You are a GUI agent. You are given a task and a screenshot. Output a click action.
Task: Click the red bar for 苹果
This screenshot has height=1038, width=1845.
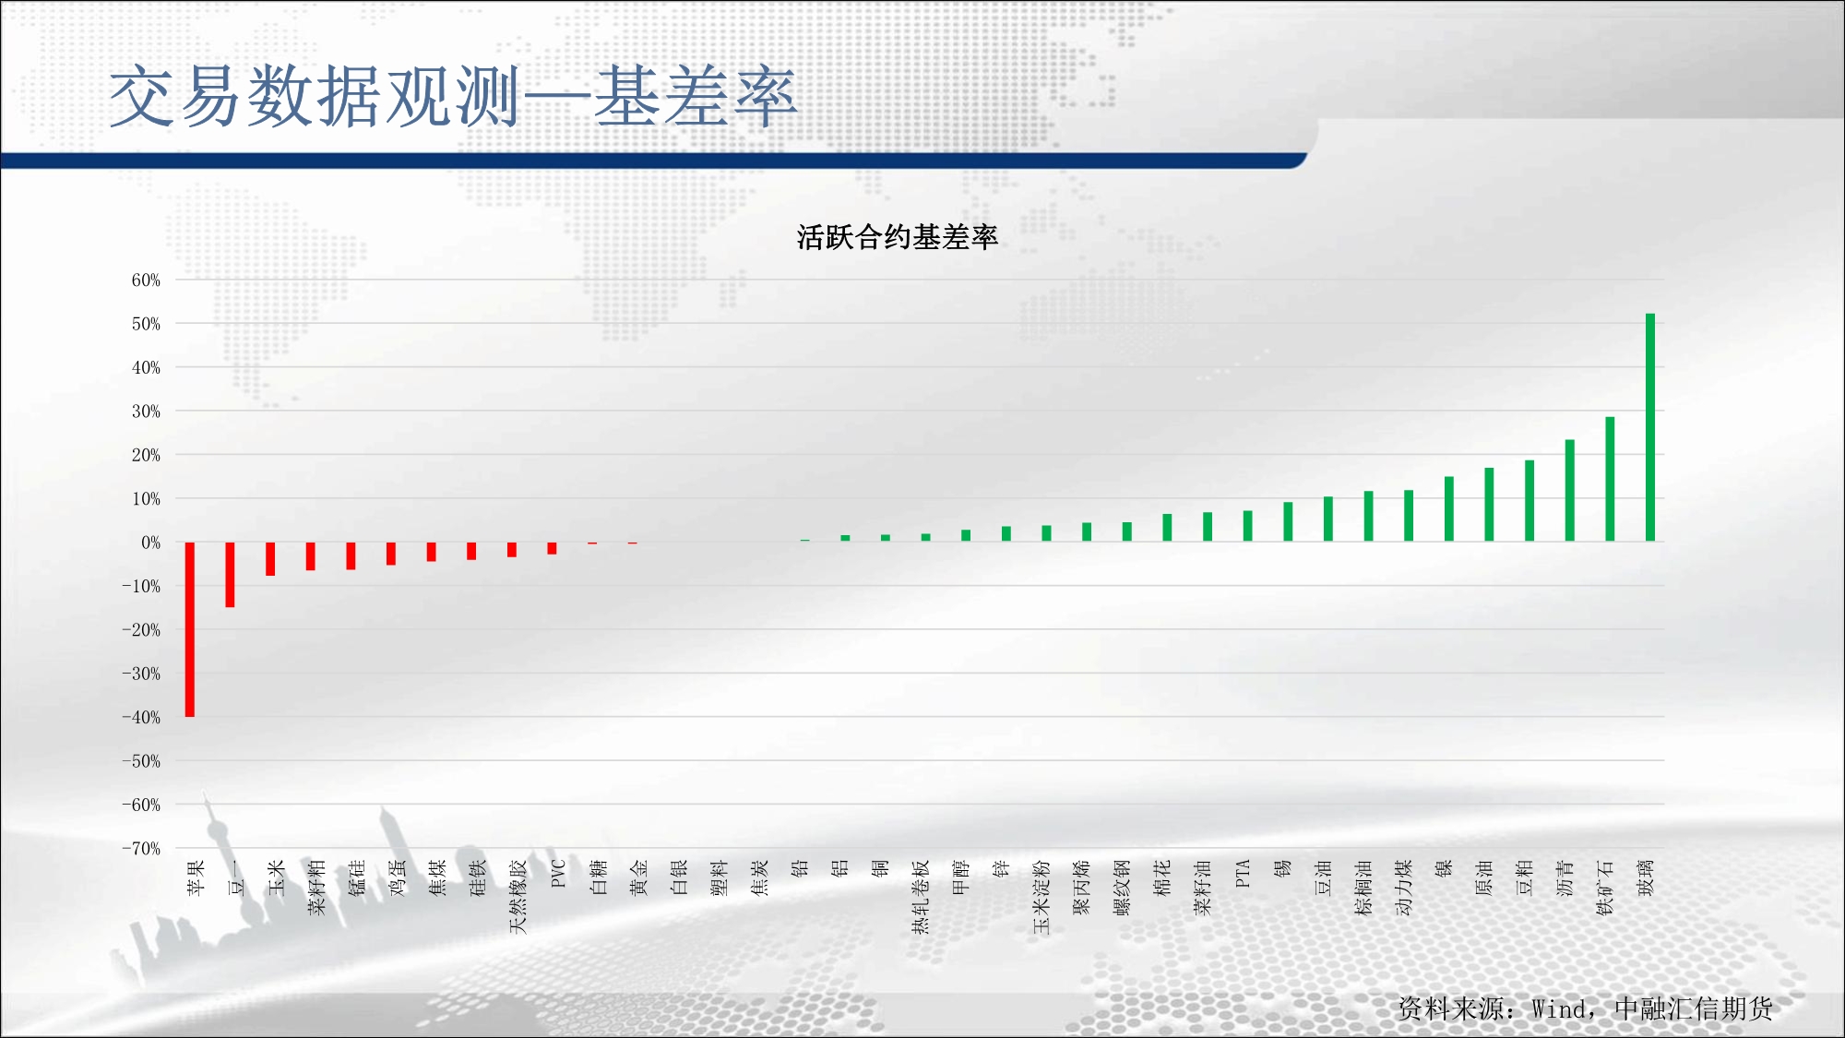190,629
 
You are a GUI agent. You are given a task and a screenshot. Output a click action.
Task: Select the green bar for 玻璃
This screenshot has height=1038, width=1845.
1650,427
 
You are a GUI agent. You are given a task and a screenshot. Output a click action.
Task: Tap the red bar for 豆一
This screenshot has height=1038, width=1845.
230,575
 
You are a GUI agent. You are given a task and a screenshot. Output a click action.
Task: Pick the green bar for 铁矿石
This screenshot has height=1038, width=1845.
1610,479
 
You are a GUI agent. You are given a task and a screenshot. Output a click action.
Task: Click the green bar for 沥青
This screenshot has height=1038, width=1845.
1570,490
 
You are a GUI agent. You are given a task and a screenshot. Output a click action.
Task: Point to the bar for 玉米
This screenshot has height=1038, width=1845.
270,559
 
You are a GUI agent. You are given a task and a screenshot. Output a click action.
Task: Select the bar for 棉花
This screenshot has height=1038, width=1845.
1167,527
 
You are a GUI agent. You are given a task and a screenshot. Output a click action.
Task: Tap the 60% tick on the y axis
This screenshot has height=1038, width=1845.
146,280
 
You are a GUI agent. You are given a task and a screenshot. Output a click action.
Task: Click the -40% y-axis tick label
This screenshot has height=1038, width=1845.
141,717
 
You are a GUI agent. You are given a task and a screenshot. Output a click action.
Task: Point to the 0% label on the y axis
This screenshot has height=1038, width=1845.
150,543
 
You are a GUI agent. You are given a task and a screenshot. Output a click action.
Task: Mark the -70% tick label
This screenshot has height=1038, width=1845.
141,848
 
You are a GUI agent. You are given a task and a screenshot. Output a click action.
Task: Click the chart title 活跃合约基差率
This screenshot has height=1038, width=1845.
898,238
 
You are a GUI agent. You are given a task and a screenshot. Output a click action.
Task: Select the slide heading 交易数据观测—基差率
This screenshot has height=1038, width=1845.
453,97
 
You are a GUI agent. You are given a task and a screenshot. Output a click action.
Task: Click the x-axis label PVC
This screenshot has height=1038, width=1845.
558,874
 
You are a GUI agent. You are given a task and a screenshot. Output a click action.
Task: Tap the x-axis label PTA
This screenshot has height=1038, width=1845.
1243,874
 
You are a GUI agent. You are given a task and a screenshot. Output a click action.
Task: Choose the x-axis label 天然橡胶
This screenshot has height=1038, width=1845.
518,896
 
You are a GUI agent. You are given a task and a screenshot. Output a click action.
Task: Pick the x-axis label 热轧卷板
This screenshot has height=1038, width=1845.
921,896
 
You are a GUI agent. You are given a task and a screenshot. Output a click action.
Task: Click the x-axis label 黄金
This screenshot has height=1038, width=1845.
638,877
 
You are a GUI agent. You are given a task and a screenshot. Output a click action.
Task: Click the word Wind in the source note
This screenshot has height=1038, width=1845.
1559,1009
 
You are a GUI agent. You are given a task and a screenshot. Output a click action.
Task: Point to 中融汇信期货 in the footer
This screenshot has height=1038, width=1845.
1694,1008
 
